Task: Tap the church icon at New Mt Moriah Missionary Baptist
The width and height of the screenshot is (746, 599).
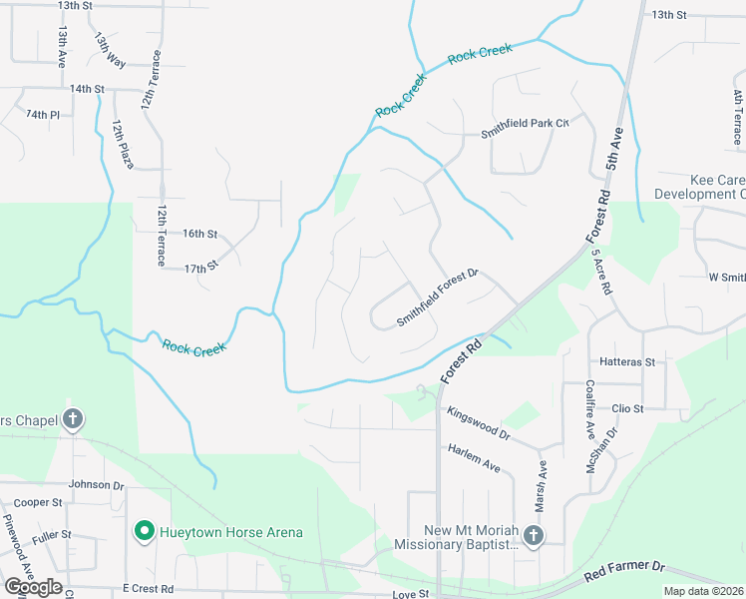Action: pos(533,537)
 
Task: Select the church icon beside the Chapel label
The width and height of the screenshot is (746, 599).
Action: pos(73,420)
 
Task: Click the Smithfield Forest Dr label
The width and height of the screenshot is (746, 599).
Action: pos(439,297)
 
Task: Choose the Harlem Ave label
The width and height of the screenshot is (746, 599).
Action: pos(474,458)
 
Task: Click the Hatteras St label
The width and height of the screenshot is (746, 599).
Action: pos(627,361)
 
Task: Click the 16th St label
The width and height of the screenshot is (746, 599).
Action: pos(199,234)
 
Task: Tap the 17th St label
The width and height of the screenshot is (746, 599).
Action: pos(200,268)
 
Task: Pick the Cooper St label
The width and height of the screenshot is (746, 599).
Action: pos(39,502)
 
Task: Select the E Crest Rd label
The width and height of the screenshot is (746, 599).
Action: pos(149,589)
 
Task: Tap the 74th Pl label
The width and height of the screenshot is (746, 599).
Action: pos(43,115)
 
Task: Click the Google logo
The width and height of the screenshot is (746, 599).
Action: pos(33,586)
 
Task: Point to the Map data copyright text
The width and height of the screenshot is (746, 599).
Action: pos(704,591)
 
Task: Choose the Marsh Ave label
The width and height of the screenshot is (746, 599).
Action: pos(543,479)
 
